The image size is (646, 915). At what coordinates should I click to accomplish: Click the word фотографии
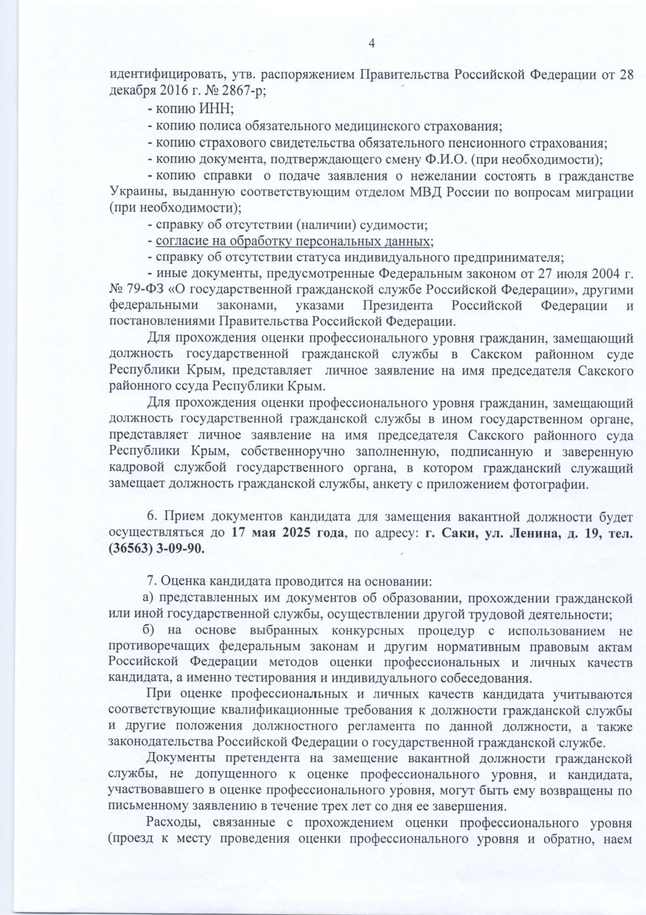552,485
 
